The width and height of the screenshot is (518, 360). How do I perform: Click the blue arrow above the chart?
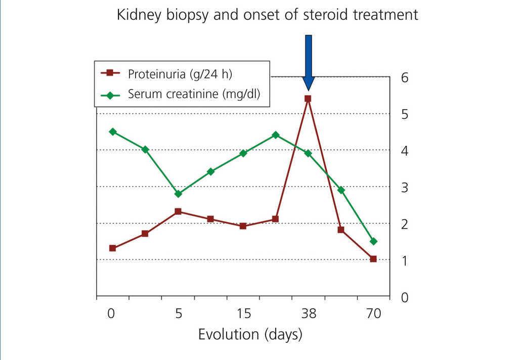(x=308, y=63)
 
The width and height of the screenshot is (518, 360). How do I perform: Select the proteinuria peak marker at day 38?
(x=308, y=99)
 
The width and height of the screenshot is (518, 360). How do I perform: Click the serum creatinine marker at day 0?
(x=113, y=132)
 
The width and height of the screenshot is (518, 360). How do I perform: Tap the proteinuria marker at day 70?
(x=373, y=259)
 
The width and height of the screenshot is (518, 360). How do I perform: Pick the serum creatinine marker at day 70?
(x=374, y=241)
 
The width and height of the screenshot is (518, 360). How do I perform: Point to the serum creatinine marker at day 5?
(x=178, y=194)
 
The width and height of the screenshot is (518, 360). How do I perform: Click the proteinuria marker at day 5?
(x=178, y=211)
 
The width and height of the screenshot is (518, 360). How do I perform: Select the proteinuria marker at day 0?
(x=112, y=248)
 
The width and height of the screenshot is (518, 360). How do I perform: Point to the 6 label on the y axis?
(x=405, y=78)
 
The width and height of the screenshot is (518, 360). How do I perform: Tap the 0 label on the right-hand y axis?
(x=405, y=298)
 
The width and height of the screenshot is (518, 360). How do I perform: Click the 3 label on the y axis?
(x=405, y=188)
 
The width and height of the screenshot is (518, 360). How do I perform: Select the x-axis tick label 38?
(x=309, y=313)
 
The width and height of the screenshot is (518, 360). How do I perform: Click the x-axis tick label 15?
(x=243, y=313)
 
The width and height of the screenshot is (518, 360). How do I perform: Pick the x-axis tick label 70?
(x=374, y=313)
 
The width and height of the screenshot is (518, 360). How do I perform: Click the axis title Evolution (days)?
(x=250, y=334)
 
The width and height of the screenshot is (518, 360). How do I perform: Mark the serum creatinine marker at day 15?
(x=243, y=153)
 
